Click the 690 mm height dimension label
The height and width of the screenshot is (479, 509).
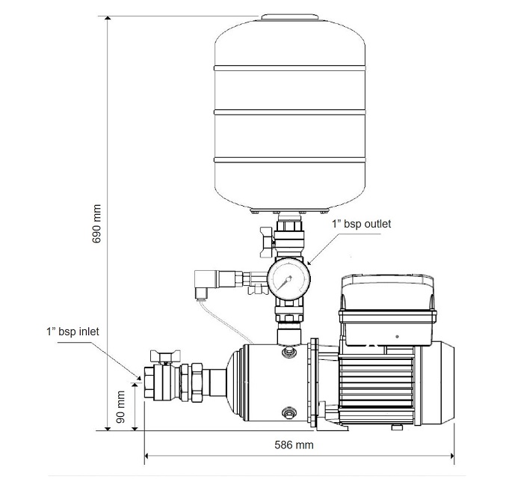click(x=96, y=224)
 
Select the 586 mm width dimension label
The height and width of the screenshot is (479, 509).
click(x=294, y=445)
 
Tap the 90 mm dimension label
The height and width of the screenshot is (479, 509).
click(x=120, y=407)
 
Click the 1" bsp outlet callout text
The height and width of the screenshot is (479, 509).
click(x=361, y=224)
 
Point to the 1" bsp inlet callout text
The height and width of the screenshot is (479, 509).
click(x=73, y=332)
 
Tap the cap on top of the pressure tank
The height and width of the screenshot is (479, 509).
click(x=289, y=17)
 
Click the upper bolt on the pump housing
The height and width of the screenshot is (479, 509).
click(x=289, y=351)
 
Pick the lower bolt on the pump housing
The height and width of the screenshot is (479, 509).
click(x=289, y=413)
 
